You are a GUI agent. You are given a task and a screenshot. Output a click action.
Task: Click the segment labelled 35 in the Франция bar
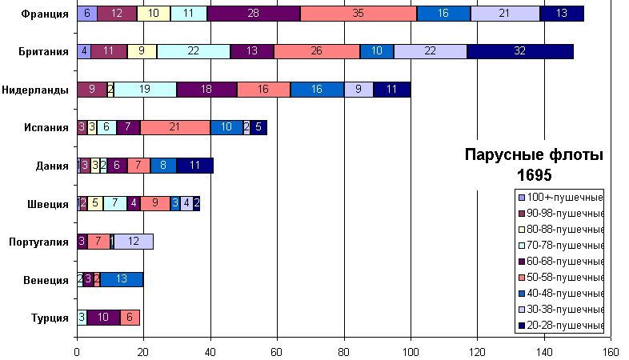coord(359,14)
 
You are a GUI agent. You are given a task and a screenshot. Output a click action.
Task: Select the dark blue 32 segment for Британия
coord(520,51)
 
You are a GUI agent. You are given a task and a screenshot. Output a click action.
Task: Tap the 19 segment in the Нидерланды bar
coord(145,90)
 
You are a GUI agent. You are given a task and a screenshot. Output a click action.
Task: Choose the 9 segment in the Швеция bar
coord(154,203)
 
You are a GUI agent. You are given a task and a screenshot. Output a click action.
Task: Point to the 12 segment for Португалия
coord(134,242)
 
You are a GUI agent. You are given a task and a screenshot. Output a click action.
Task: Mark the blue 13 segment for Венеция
coord(122,279)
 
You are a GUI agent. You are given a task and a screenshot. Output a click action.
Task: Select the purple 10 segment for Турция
coord(103,318)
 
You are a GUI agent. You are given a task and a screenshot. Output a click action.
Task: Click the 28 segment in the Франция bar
coord(254,14)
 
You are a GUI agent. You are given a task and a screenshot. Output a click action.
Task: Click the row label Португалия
coord(38,242)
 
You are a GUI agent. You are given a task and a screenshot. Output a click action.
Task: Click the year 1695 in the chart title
coord(534,174)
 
